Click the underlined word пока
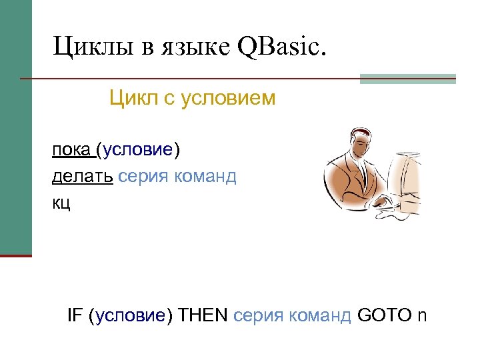tap(71, 149)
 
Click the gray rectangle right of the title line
tap(407, 79)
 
